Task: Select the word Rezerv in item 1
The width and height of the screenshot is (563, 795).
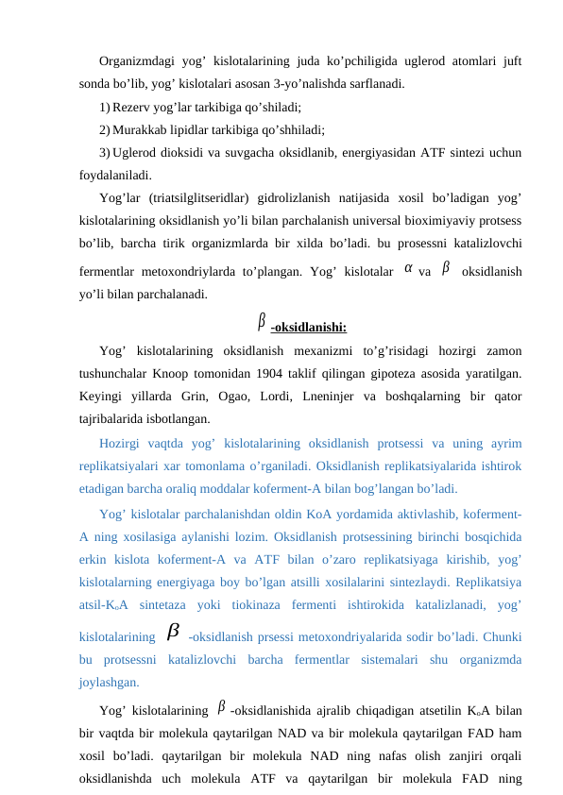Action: (x=130, y=107)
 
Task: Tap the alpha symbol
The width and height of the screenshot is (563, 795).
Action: (x=407, y=268)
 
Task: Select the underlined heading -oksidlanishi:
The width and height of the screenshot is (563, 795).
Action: (x=308, y=329)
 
